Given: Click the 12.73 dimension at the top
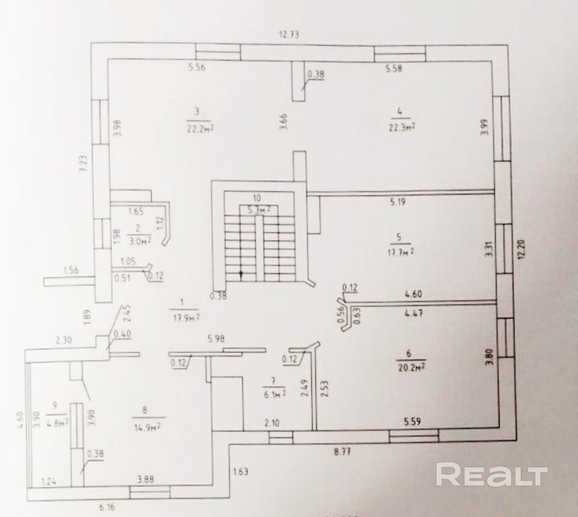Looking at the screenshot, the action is click(290, 34).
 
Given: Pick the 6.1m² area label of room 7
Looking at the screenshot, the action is click(274, 395).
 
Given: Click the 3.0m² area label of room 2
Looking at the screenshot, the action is click(141, 238).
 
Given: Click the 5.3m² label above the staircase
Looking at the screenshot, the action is click(256, 209).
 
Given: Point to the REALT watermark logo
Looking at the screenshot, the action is click(491, 475).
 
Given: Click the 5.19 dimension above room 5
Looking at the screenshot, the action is click(401, 201).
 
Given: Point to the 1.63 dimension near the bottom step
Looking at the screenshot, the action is click(240, 471).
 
